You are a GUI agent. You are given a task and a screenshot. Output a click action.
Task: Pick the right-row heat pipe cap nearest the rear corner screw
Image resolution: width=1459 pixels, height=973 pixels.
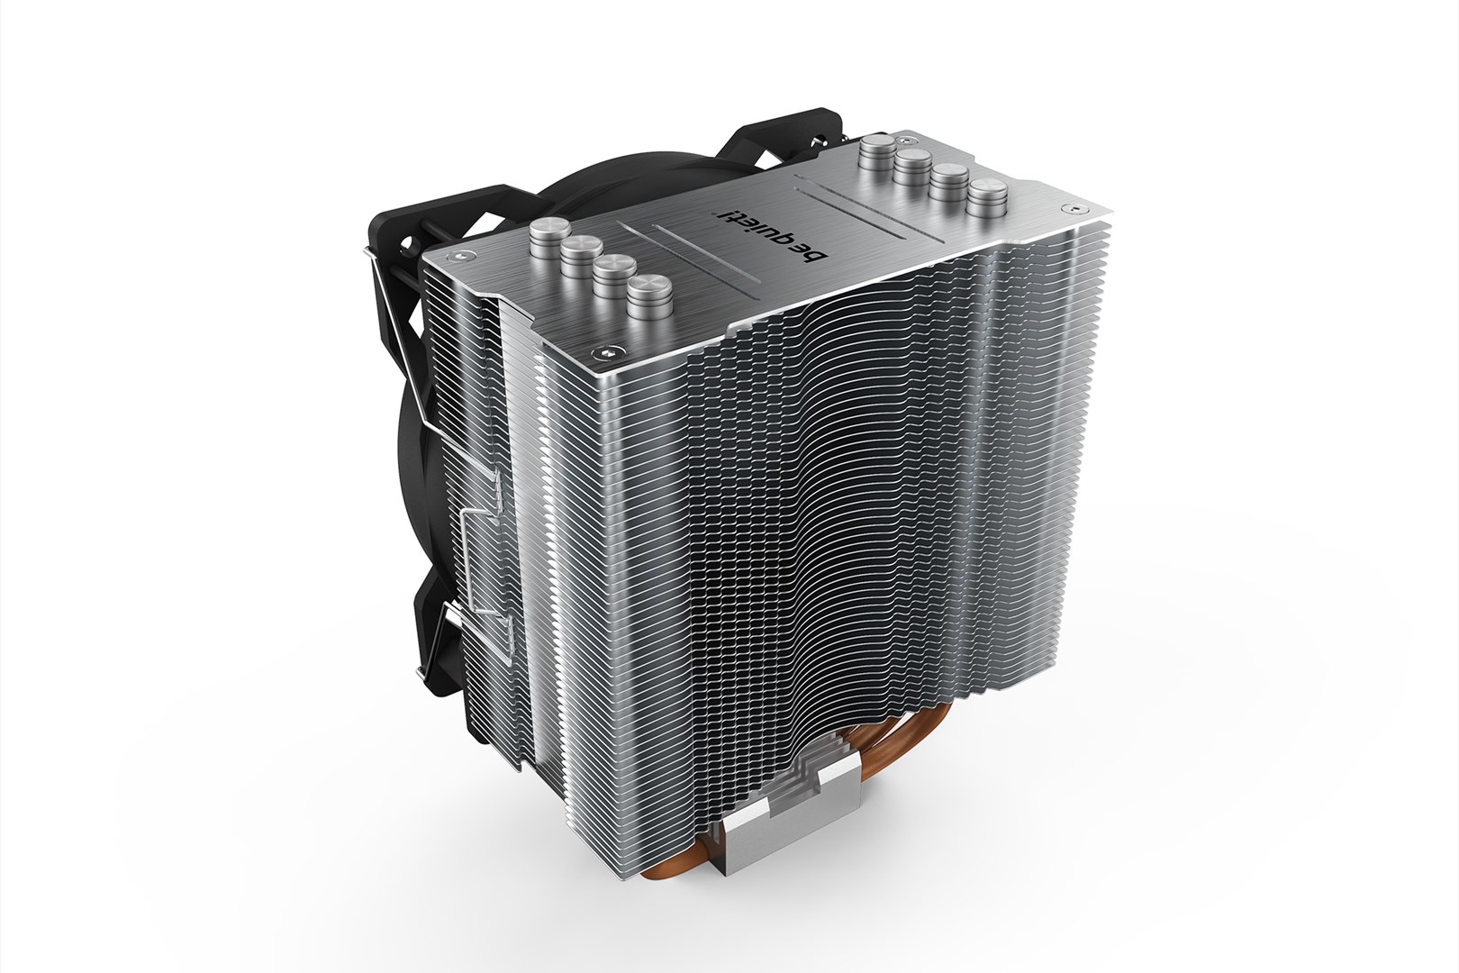pyautogui.click(x=877, y=152)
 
